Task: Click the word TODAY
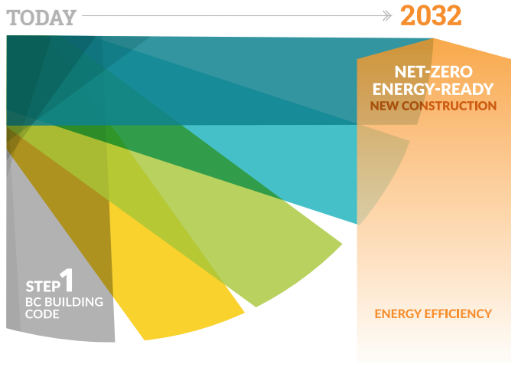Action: tap(41, 18)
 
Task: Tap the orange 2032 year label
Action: tap(431, 15)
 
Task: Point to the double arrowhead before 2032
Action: tap(387, 15)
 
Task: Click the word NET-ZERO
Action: tap(433, 72)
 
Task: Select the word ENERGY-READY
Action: tap(433, 89)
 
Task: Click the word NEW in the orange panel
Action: tap(384, 106)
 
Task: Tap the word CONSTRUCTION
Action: tap(449, 106)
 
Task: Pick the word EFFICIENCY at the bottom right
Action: tap(458, 314)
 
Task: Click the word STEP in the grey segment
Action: tap(43, 286)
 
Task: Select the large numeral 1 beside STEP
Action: tap(67, 280)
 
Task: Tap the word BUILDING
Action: tap(73, 302)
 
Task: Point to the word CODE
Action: tap(42, 314)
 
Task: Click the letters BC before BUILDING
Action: tap(33, 302)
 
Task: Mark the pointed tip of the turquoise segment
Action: tap(357, 225)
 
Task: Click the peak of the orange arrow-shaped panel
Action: tap(433, 39)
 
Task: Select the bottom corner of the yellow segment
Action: tap(145, 340)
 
